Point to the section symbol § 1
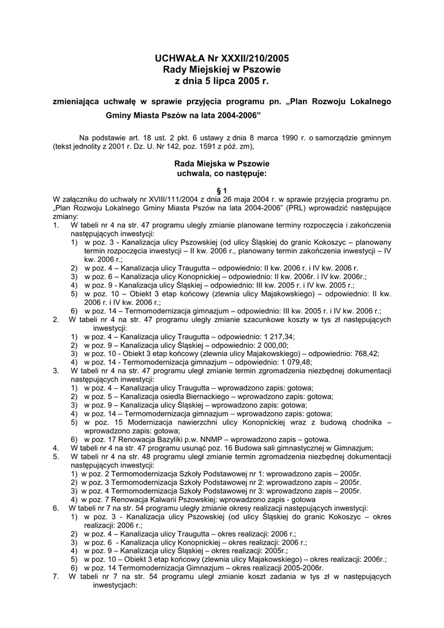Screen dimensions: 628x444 (221, 191)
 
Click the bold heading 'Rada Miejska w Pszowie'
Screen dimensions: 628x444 (221, 164)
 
